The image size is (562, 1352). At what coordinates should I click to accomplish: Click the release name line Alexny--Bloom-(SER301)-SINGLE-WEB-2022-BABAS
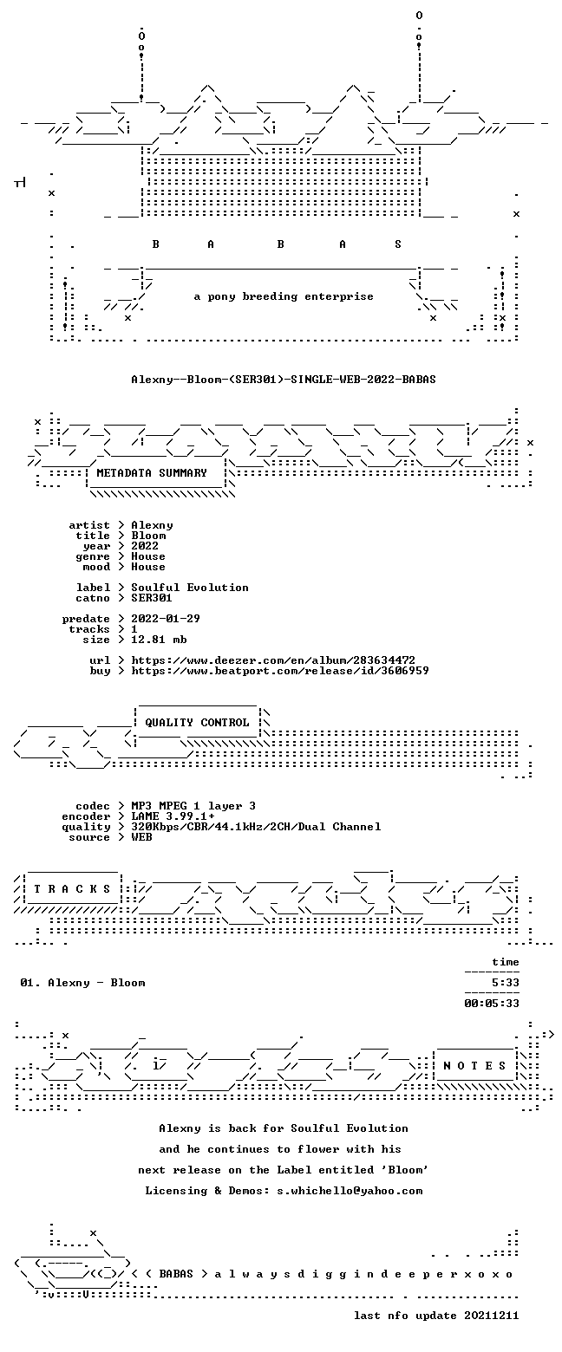(x=284, y=380)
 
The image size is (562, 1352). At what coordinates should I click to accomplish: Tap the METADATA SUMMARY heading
(x=152, y=473)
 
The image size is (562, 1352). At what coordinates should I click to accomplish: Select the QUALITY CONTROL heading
(x=197, y=723)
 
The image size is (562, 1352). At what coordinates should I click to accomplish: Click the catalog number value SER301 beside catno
(x=152, y=598)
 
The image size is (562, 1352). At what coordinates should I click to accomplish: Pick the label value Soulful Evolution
(x=190, y=588)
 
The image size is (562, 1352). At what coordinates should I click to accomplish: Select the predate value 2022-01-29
(x=166, y=619)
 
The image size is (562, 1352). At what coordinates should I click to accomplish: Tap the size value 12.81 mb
(x=159, y=640)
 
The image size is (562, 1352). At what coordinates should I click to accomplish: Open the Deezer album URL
(x=273, y=660)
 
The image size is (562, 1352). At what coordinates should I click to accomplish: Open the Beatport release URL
(x=280, y=671)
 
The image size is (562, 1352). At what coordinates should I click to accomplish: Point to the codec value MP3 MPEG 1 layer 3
(x=193, y=806)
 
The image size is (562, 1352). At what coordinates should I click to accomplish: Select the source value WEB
(x=141, y=837)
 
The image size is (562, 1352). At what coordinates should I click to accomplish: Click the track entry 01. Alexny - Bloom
(x=82, y=983)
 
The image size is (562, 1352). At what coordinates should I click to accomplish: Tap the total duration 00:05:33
(x=492, y=1003)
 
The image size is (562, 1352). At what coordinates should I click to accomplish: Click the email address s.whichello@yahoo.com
(x=350, y=1191)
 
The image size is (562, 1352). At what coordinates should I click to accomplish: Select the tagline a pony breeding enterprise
(x=284, y=296)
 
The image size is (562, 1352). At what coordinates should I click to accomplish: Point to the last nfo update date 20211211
(x=492, y=1316)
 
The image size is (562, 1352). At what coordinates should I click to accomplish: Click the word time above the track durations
(x=506, y=962)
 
